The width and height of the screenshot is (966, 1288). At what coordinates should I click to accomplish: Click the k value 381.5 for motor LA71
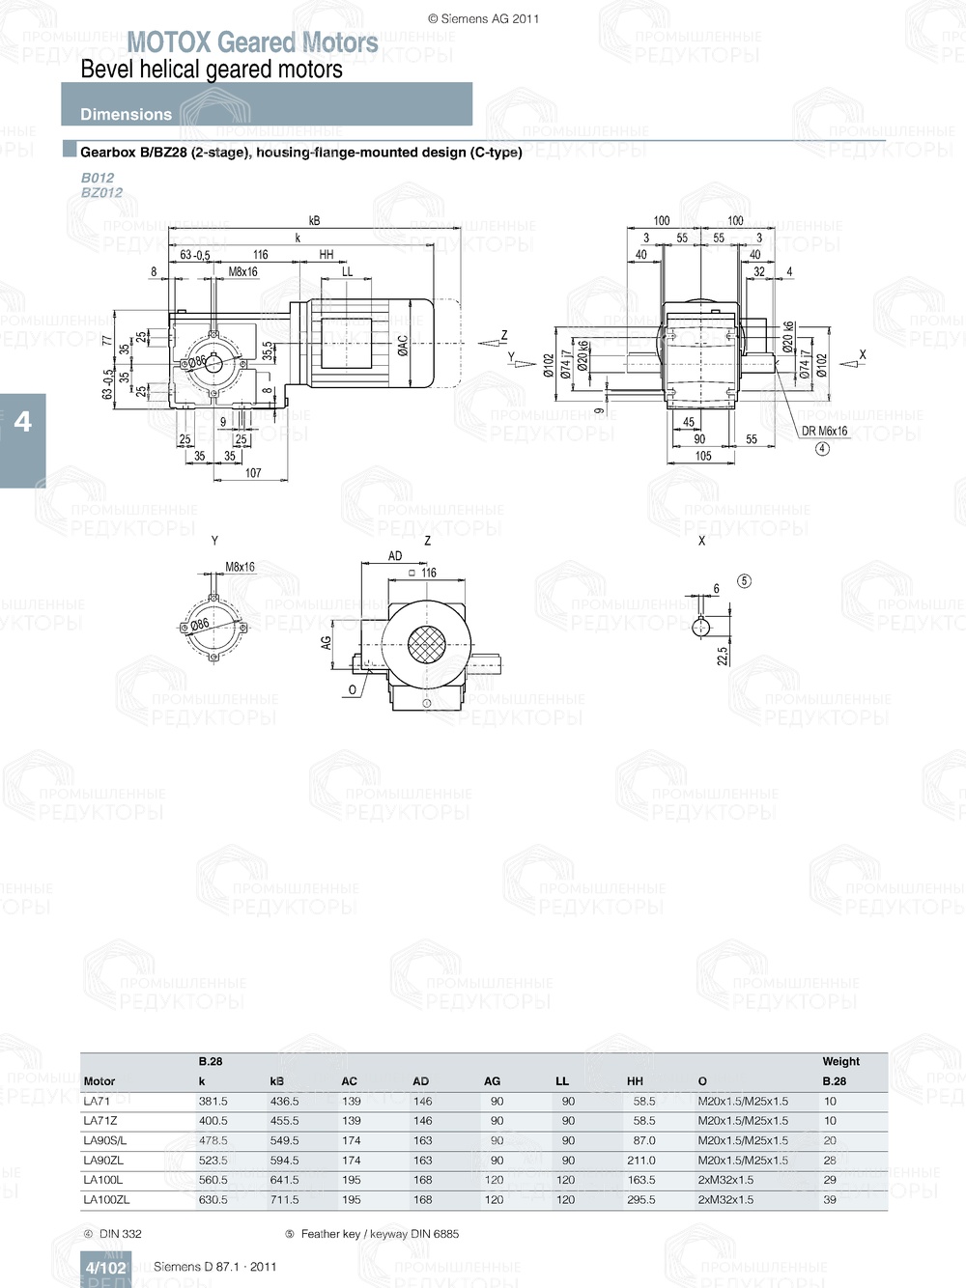[213, 1101]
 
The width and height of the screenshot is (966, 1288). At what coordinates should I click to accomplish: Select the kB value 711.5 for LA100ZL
[284, 1200]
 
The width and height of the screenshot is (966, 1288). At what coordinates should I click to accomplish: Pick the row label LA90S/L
[104, 1140]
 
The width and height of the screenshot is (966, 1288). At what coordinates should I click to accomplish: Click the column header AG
[492, 1081]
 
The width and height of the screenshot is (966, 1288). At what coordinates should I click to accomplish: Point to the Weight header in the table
[840, 1061]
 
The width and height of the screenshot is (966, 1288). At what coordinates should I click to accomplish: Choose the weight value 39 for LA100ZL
[830, 1200]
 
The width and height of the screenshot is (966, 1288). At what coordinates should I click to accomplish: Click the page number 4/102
[105, 1268]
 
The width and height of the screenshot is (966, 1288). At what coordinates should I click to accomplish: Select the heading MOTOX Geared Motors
[252, 42]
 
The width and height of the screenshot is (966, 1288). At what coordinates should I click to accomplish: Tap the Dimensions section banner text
[126, 114]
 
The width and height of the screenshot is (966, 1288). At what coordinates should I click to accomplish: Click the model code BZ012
[101, 192]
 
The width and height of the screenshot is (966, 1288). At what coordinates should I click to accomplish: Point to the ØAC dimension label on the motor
[403, 345]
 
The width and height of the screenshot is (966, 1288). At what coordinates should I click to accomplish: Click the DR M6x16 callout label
[824, 432]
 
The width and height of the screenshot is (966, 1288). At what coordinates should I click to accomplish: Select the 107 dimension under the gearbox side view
[253, 473]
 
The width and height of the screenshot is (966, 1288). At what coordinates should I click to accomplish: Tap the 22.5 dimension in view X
[723, 656]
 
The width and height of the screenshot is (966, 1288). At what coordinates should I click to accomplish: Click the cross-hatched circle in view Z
[426, 645]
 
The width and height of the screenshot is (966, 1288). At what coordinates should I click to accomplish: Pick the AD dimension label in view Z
[395, 556]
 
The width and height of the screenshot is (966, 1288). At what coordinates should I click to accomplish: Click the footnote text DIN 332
[120, 1234]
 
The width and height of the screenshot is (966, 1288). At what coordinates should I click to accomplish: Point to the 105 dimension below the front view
[703, 456]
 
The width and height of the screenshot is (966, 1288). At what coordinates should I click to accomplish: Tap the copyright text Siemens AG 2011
[483, 18]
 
